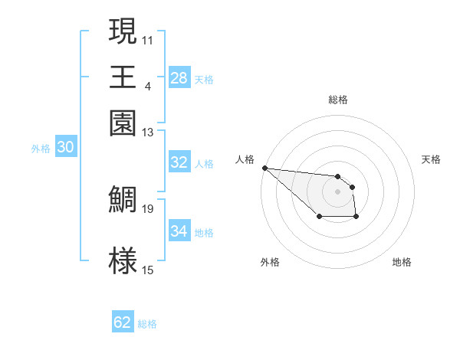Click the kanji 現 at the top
coord(123,31)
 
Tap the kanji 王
coord(123,77)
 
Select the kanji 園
coord(123,123)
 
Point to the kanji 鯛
coord(123,199)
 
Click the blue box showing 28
coord(179,78)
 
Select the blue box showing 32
coord(179,162)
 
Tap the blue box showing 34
coord(179,231)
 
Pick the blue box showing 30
coord(65,149)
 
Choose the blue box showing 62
coord(123,322)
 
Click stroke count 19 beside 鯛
coord(148,208)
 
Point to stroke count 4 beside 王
coord(147,85)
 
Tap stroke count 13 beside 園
coord(148,132)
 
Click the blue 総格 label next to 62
coord(147,324)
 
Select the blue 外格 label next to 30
coord(41,149)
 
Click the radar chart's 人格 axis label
coord(245,159)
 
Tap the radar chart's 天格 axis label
coord(431,159)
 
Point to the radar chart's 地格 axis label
coord(402,263)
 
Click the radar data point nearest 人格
coord(264,168)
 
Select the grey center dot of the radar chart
coord(337,191)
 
